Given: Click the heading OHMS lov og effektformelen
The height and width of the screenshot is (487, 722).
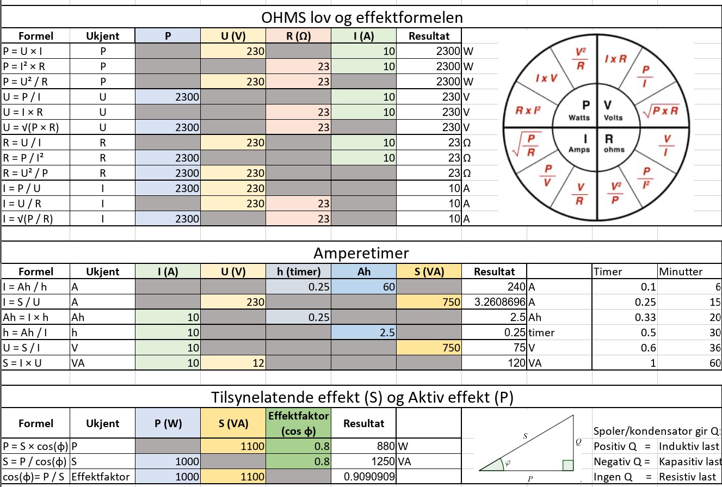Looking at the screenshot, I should (362, 17).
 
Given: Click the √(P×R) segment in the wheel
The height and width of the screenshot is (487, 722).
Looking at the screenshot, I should (660, 110).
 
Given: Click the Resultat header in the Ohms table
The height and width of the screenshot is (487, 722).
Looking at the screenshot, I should (429, 36).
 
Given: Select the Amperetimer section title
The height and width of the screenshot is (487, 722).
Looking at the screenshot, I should (361, 254).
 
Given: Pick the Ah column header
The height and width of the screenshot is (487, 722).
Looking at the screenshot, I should (364, 272).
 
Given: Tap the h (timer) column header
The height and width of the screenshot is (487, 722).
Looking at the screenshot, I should (299, 272).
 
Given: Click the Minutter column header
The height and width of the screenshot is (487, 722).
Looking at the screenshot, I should (681, 272).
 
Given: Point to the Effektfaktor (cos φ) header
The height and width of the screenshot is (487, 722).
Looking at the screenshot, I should (299, 423).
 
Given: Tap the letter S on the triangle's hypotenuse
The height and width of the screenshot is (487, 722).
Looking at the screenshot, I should (525, 435).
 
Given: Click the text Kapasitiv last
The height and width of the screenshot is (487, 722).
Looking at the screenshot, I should (689, 461).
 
